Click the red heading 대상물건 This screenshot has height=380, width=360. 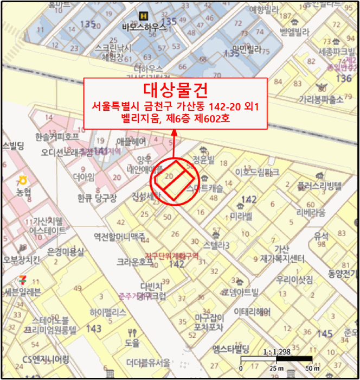176,89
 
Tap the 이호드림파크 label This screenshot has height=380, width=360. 257,172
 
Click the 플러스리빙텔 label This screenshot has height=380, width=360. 320,186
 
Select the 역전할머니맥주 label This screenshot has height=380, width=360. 119,236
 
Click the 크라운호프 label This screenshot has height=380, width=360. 134,261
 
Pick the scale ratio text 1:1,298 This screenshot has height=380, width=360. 275,352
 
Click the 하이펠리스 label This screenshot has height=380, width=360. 109,312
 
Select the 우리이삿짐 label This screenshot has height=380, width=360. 294,280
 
